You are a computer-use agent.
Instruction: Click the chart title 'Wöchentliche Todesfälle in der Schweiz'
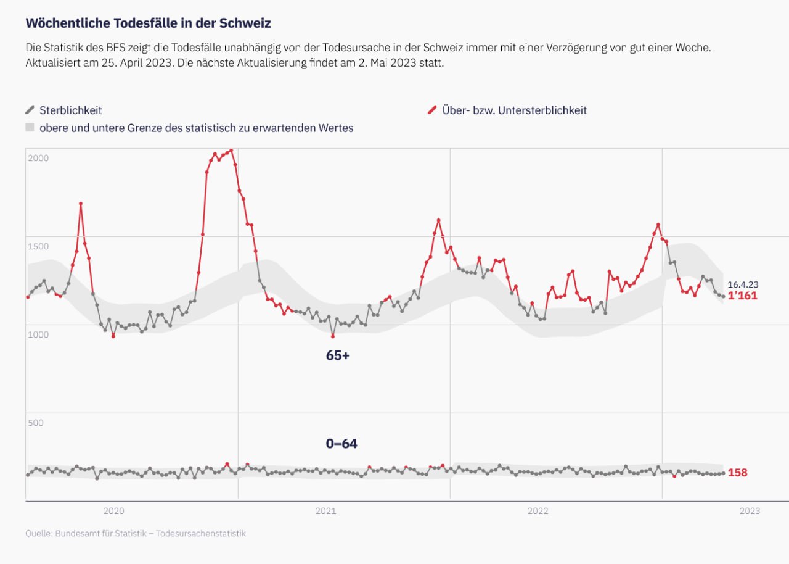click(148, 23)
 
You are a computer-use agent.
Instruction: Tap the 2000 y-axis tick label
click(38, 158)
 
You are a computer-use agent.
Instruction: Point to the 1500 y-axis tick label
click(38, 246)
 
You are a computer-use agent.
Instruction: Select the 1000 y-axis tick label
click(38, 334)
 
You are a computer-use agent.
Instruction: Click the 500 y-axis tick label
click(36, 423)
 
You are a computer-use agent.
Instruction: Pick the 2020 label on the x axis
click(114, 511)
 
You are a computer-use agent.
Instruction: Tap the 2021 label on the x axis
click(326, 511)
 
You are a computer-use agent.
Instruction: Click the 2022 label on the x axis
click(538, 511)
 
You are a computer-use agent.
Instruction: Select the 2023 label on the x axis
click(750, 511)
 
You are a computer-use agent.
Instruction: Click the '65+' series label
click(338, 355)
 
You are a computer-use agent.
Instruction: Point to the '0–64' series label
click(341, 444)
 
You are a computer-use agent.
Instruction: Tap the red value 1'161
click(743, 296)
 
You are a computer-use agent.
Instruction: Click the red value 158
click(738, 473)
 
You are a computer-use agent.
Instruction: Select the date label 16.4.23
click(743, 284)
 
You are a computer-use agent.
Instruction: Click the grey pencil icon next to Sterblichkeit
click(30, 110)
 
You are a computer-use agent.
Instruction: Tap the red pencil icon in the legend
click(432, 110)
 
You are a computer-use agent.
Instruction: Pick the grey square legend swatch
click(30, 128)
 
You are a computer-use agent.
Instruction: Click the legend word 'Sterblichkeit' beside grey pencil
click(71, 110)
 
